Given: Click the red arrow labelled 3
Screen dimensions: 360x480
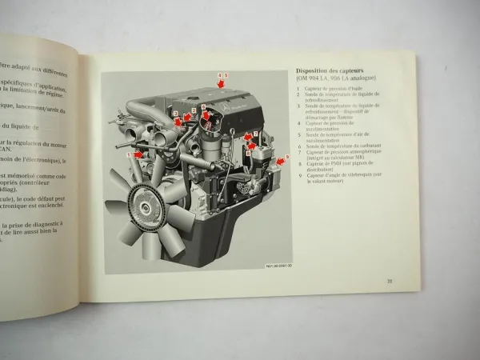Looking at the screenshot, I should pos(178,122).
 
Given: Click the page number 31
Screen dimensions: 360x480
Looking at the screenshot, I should pos(389,280).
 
